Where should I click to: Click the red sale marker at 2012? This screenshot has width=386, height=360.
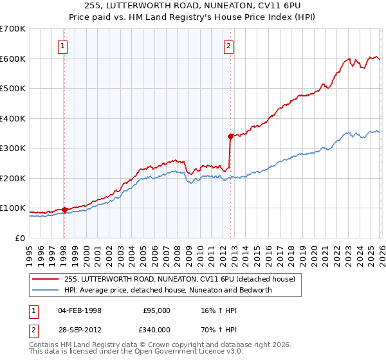[230, 136]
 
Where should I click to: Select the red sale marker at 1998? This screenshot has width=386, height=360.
[64, 210]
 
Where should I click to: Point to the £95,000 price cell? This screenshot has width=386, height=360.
[156, 310]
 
